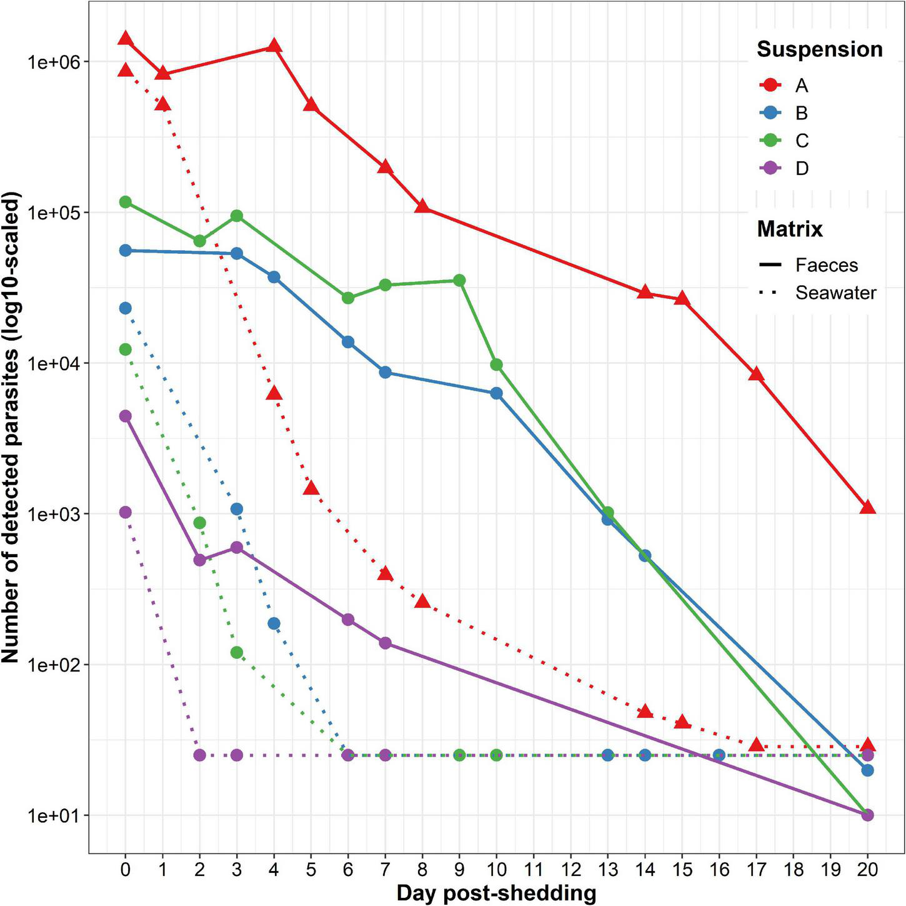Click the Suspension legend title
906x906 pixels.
tap(819, 49)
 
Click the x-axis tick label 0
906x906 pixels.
tap(125, 870)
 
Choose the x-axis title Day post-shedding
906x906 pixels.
tap(496, 893)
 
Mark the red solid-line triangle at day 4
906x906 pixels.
tap(274, 46)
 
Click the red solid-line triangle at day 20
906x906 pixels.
tap(867, 507)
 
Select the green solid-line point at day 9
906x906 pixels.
tap(459, 280)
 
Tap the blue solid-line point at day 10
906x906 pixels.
tap(496, 393)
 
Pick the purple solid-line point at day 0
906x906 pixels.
tap(125, 416)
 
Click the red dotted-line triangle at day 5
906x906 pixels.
tap(311, 488)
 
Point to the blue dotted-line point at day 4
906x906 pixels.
tap(274, 623)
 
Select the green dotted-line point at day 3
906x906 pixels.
tap(237, 653)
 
